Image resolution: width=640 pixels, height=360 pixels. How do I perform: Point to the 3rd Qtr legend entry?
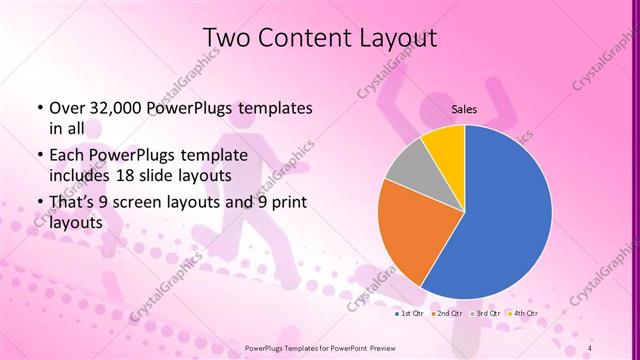click(486, 315)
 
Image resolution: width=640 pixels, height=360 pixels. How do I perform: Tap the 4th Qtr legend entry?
click(524, 315)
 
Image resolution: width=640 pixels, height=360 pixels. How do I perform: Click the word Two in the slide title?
click(227, 39)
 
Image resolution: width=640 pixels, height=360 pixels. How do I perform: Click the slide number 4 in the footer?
click(590, 348)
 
